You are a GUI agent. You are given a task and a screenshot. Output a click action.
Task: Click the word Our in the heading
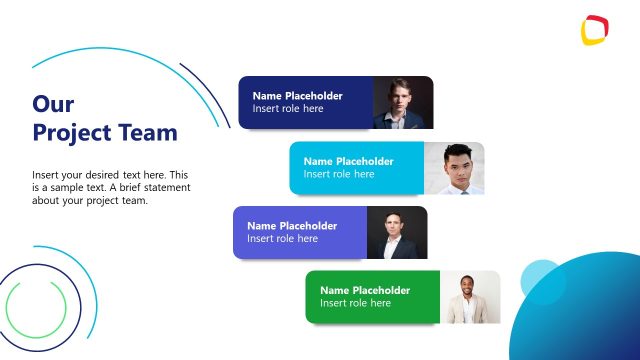click(53, 104)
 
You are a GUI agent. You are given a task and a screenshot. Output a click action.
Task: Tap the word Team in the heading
click(147, 132)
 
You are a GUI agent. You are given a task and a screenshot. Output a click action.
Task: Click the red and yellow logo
click(594, 30)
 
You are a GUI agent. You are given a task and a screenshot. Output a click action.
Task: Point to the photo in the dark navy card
click(403, 103)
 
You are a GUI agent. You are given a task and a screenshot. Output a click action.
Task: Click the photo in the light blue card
click(454, 168)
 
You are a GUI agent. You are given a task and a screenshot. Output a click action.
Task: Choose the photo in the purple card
click(397, 233)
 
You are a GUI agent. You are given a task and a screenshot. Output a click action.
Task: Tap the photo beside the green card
click(470, 297)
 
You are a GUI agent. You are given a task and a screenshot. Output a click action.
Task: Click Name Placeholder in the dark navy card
click(297, 96)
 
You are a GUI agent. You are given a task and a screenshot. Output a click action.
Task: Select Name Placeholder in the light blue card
click(348, 161)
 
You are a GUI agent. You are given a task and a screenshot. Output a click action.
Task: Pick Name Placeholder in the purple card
click(292, 226)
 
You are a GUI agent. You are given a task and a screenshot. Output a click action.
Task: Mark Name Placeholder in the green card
click(365, 290)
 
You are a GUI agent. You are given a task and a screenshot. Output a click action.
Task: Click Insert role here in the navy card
click(288, 109)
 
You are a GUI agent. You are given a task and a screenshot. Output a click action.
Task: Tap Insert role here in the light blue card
click(339, 174)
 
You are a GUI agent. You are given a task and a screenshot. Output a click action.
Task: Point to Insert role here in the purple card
click(282, 239)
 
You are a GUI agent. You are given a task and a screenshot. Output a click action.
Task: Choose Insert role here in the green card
click(355, 303)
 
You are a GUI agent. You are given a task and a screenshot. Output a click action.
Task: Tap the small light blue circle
click(544, 282)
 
